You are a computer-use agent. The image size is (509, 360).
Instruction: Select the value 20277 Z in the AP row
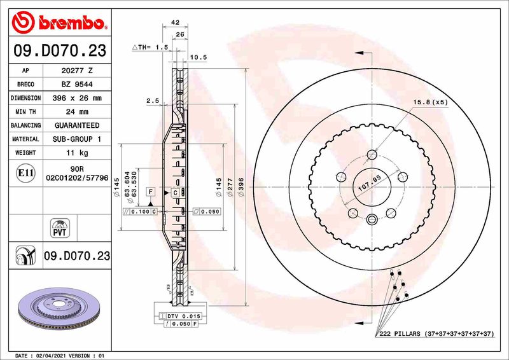(76, 71)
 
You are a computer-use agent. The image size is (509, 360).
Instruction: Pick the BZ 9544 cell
(76, 85)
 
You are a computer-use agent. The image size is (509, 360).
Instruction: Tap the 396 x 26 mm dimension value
(76, 98)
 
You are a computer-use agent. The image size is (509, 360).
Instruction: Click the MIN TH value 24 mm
(76, 112)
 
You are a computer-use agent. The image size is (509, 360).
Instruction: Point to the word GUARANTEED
(76, 125)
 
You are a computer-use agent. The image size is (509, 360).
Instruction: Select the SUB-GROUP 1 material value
(76, 139)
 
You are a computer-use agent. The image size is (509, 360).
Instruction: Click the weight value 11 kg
(76, 153)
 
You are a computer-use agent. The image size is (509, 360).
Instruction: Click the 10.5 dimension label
(199, 57)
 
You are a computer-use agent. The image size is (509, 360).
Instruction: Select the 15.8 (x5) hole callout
(430, 102)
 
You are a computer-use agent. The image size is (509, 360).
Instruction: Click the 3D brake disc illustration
(60, 309)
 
